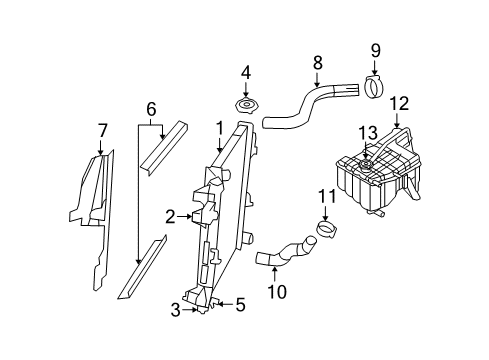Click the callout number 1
[x=218, y=128]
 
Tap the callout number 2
[x=170, y=215]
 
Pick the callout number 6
[x=151, y=107]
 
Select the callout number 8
[x=317, y=62]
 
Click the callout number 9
[x=376, y=50]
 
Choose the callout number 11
[x=324, y=195]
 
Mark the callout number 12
[x=399, y=102]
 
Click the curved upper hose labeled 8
[x=300, y=108]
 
